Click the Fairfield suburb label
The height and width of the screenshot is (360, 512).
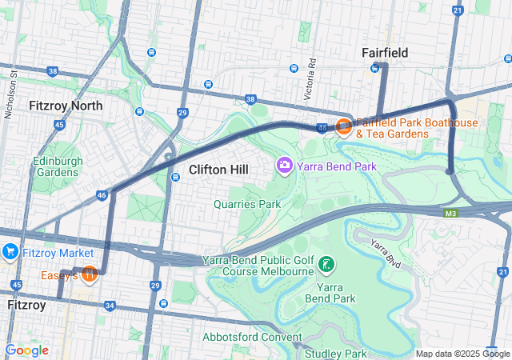click(385, 53)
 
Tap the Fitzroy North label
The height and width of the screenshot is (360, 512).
click(66, 106)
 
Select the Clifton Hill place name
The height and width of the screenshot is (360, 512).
click(218, 170)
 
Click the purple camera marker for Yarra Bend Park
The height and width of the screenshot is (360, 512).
click(284, 166)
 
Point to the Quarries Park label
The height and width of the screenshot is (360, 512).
click(247, 204)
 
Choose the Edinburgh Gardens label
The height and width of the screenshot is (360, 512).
click(58, 166)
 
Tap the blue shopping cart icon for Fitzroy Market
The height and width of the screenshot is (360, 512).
click(10, 252)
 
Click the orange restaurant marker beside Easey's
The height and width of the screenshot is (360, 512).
click(90, 274)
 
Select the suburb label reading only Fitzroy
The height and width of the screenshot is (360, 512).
click(26, 306)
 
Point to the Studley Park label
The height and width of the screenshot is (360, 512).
click(334, 354)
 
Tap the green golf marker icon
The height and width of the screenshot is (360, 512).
click(326, 263)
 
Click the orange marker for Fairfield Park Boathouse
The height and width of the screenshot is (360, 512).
click(344, 126)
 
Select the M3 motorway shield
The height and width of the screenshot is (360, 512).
click(452, 213)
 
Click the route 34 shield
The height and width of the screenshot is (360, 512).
click(110, 306)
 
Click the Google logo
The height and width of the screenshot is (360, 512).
click(26, 350)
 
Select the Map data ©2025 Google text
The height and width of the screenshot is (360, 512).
click(462, 354)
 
